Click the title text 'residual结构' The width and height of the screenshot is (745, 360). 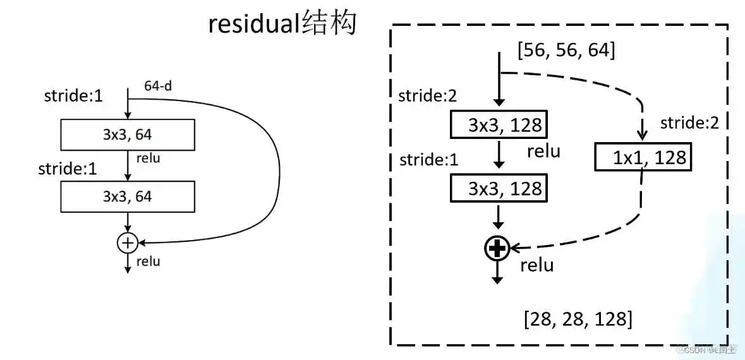pos(282,25)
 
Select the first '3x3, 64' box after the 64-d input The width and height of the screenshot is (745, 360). pos(127,134)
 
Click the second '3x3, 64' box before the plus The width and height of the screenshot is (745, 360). pos(127,196)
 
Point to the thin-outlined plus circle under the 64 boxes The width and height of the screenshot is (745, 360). pos(128,242)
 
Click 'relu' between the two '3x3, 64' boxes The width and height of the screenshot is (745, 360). pos(148,158)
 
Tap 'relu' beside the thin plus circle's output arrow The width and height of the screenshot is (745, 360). pos(148,261)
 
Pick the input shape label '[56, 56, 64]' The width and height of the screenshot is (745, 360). pos(566,51)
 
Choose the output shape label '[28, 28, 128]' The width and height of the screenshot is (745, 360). pos(578,319)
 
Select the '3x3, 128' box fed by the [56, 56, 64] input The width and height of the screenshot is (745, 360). pos(499,124)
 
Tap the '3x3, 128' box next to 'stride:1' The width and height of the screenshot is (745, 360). pos(499,188)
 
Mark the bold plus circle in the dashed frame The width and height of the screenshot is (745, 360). pos(497,249)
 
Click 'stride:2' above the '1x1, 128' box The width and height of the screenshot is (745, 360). pos(689,123)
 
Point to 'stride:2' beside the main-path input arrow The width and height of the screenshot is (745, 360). pos(427,96)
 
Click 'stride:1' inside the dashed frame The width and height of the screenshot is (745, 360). pos(428,160)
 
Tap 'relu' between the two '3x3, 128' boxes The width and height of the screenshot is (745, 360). pos(543,151)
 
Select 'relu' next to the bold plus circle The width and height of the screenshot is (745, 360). pos(536,265)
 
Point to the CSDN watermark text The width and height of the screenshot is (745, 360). pos(708,349)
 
